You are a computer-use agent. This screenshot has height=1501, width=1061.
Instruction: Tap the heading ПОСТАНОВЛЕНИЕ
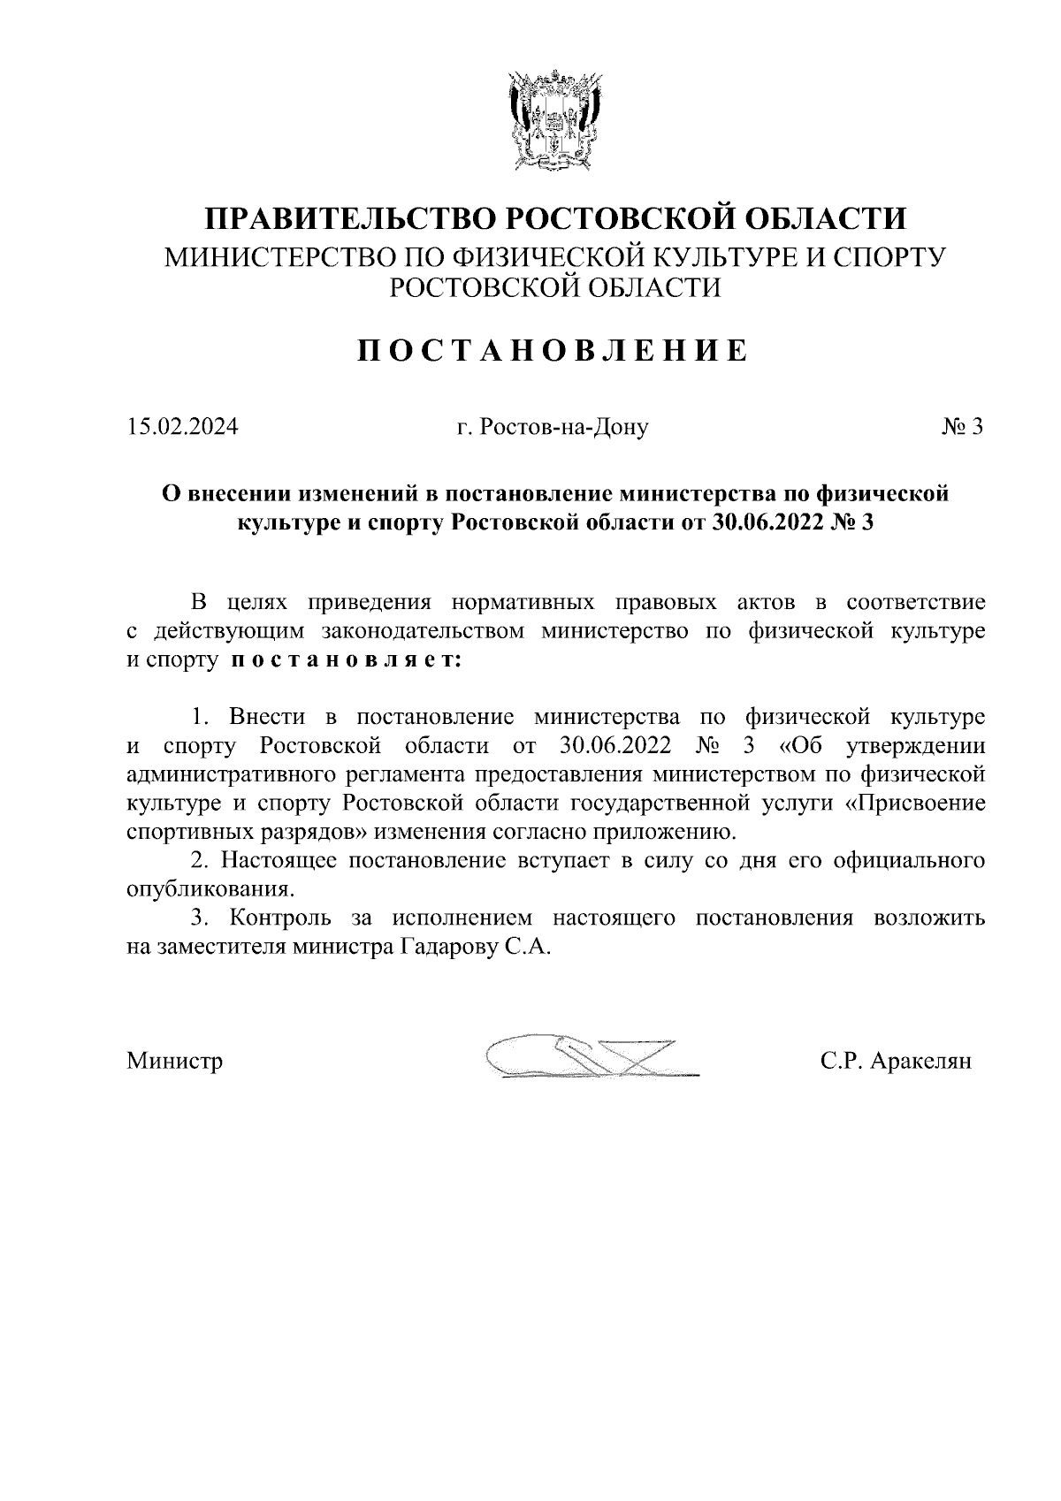coord(553,351)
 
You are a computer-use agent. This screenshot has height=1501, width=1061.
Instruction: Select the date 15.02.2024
coord(182,427)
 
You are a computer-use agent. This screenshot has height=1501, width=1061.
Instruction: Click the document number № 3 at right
coord(962,427)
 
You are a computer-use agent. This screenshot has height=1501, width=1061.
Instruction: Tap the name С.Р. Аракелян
coord(896,1059)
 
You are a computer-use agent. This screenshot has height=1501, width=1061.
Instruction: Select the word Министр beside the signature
coord(174,1059)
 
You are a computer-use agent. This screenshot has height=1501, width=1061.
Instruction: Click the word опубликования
coord(209,888)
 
